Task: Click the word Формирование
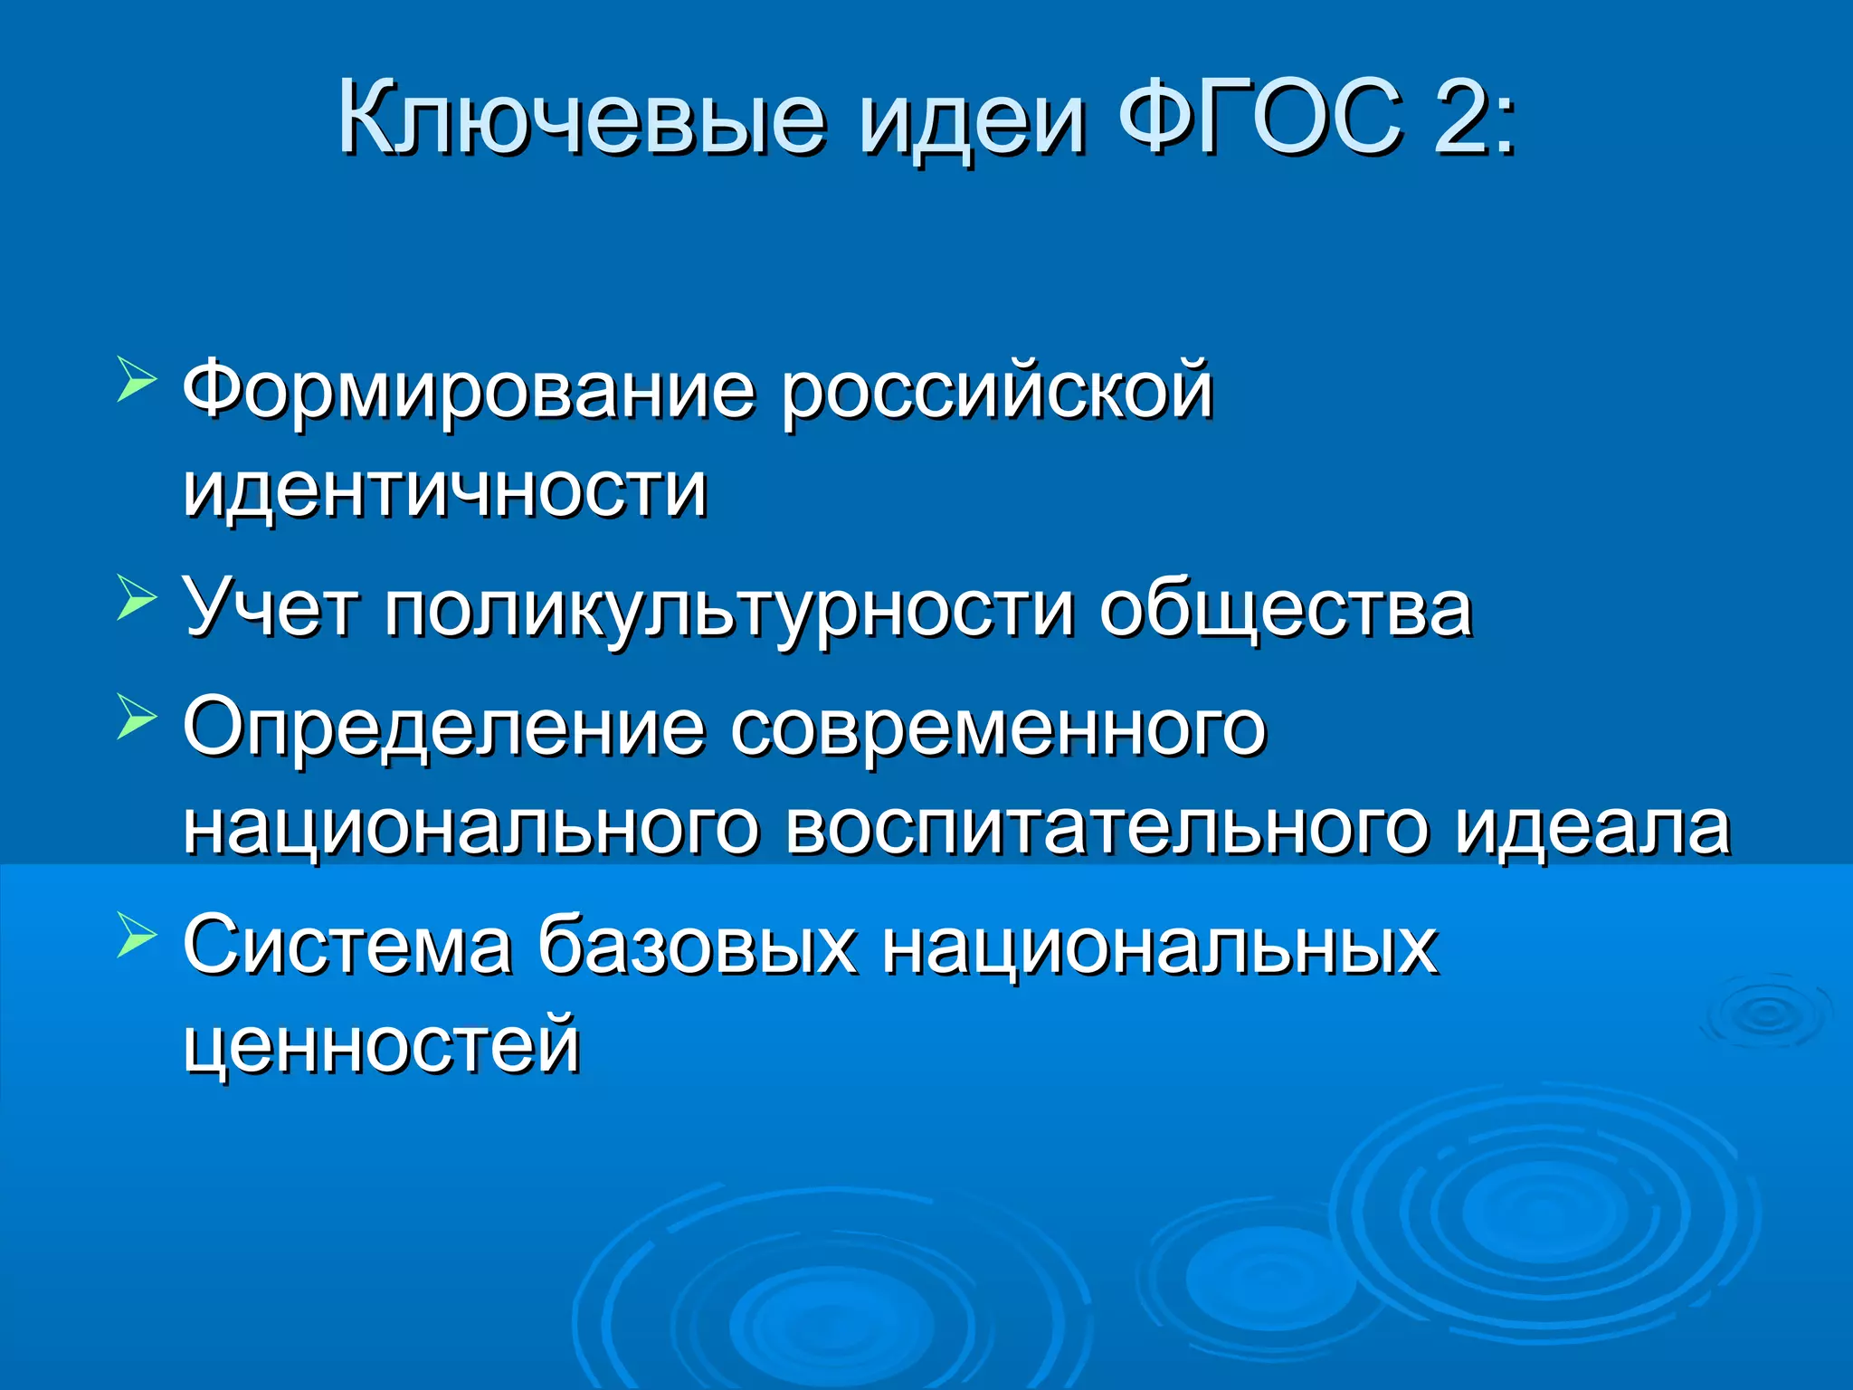(x=469, y=391)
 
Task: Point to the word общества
(x=1285, y=608)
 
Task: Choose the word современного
(x=998, y=728)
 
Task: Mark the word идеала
(x=1592, y=827)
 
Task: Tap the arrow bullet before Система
(x=137, y=934)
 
